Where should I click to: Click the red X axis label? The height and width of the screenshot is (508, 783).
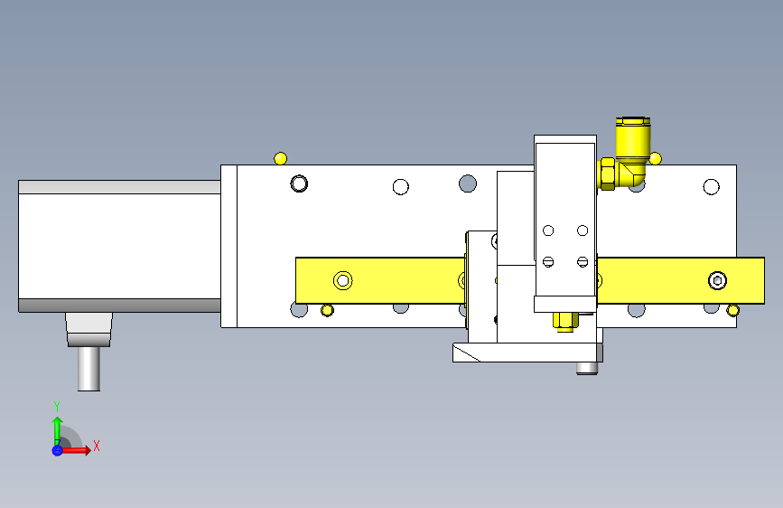point(97,446)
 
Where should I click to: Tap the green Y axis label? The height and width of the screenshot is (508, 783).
point(57,406)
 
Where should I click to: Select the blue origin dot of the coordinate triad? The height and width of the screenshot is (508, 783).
point(58,450)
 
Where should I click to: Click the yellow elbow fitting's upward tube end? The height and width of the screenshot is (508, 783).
point(633,121)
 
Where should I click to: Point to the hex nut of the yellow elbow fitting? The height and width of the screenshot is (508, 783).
point(607,174)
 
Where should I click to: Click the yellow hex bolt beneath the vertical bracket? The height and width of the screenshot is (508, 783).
point(564,322)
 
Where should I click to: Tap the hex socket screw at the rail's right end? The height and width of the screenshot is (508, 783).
point(718,280)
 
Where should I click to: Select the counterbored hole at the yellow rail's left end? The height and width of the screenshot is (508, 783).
point(343,280)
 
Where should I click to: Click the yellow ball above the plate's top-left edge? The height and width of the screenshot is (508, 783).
point(281,158)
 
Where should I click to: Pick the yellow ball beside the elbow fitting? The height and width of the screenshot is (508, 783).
point(655,159)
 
